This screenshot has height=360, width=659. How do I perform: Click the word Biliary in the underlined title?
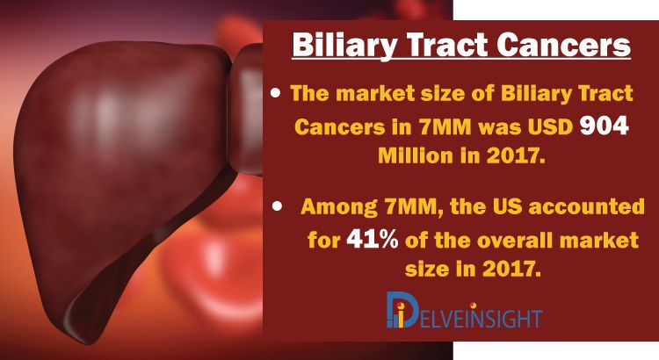point(344,46)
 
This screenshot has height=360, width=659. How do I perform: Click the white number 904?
point(604,126)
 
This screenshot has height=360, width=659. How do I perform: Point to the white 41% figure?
point(373,240)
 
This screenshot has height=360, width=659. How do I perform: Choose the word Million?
point(415,155)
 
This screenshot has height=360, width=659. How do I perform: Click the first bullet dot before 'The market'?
point(275,93)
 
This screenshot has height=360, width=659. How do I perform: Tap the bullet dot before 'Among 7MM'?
point(277,206)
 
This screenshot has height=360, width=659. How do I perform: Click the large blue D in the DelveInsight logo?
point(402,310)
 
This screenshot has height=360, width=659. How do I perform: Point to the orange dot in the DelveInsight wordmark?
point(474,306)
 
